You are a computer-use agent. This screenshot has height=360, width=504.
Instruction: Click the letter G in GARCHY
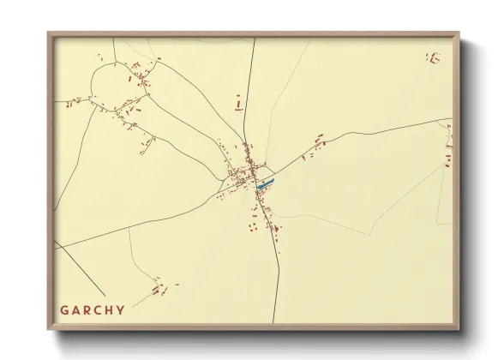click(x=64, y=310)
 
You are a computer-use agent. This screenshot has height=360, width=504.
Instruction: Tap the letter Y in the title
click(x=121, y=310)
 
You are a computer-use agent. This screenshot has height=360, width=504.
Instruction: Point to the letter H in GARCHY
click(x=109, y=310)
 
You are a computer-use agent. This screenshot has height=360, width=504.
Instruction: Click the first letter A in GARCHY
click(x=75, y=310)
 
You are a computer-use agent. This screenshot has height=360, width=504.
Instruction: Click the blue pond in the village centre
click(x=266, y=183)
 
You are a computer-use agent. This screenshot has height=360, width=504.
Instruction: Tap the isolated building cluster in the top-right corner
click(x=433, y=58)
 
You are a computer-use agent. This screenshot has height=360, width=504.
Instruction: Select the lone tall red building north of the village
click(x=239, y=105)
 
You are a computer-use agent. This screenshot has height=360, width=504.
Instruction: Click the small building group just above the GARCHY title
click(x=159, y=288)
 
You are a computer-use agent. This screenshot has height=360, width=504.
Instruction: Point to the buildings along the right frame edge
click(x=447, y=150)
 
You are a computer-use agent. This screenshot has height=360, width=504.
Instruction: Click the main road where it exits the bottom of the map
click(x=274, y=321)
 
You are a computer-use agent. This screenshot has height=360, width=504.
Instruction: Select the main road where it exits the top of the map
click(x=255, y=40)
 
